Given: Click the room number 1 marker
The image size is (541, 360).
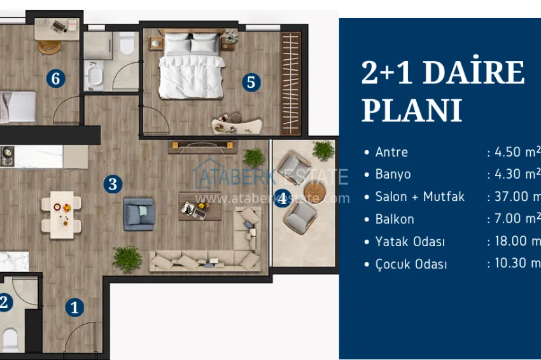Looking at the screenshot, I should [x=74, y=308].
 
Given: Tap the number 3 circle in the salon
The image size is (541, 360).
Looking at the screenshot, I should [x=113, y=184].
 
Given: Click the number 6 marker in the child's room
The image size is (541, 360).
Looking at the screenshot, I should [x=56, y=79].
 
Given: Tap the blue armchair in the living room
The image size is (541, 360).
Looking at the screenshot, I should [x=139, y=213].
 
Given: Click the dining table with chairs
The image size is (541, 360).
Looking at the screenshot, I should [x=61, y=214].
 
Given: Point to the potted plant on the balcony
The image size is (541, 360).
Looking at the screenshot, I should [x=323, y=150].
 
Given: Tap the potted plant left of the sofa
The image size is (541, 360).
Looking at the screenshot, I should [x=127, y=258].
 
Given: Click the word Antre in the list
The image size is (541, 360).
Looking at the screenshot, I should [x=391, y=152].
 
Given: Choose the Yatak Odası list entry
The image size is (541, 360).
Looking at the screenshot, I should [x=410, y=242].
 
